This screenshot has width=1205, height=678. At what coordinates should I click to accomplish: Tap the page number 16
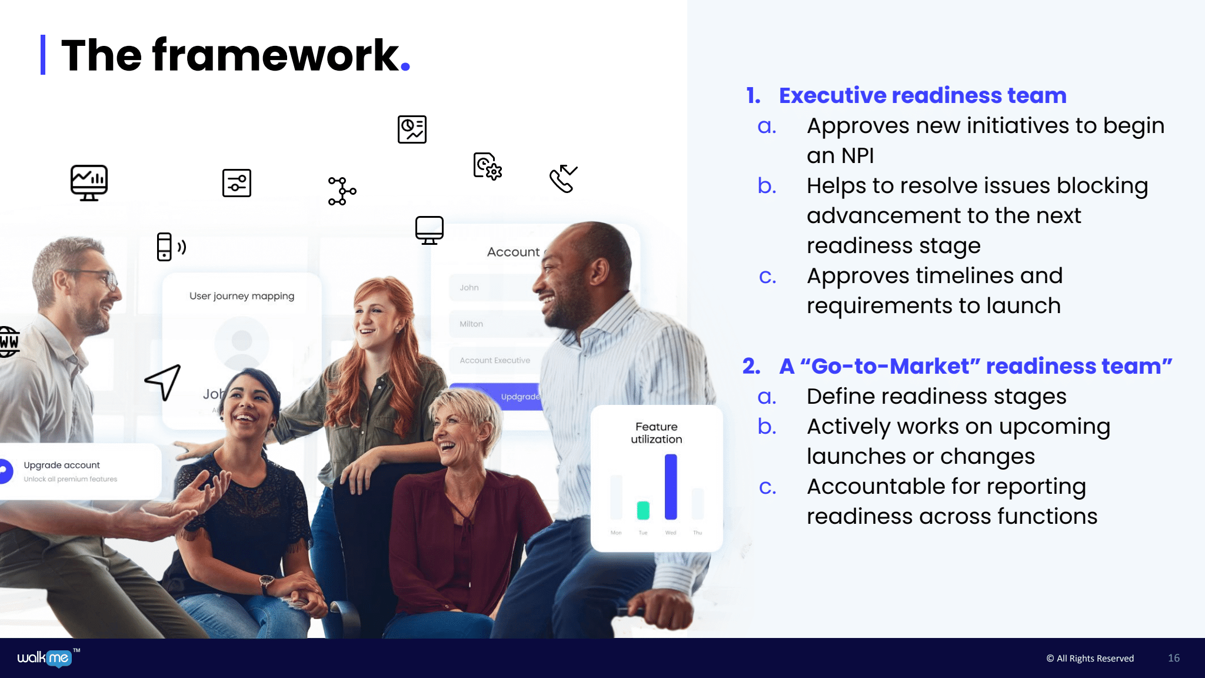(1173, 658)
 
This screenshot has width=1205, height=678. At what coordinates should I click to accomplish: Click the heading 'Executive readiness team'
(922, 95)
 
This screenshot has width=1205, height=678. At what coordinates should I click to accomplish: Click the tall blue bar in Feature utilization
(671, 487)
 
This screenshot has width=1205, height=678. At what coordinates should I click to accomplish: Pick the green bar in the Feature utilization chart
(643, 510)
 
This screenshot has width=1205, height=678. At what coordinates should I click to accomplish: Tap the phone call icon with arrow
(563, 178)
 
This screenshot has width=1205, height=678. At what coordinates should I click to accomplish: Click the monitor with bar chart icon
(89, 182)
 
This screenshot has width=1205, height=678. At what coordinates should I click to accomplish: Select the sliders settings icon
(237, 183)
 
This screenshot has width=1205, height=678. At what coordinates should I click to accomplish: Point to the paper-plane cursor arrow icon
(163, 381)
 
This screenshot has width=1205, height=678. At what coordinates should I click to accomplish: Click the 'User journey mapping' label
(242, 296)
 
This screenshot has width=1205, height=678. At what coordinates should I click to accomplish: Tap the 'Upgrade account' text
(62, 465)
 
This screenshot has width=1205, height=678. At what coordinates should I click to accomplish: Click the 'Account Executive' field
(495, 360)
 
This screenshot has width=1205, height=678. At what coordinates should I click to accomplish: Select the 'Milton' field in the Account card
(471, 324)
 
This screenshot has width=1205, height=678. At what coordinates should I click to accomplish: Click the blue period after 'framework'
(405, 67)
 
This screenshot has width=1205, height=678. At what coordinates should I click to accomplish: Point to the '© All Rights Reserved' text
(1090, 658)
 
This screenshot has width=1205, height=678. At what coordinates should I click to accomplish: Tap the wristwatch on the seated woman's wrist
(267, 582)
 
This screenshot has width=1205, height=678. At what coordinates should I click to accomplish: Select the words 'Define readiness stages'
(936, 397)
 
